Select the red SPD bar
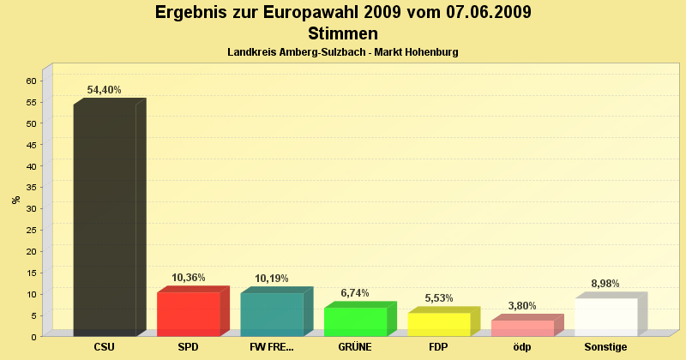tap(189, 314)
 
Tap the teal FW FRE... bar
tap(272, 314)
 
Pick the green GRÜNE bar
tap(356, 321)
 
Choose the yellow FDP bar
tap(439, 324)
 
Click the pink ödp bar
tap(522, 327)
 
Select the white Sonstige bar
tap(606, 317)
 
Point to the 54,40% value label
tap(105, 90)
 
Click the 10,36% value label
tap(189, 278)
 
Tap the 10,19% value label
tap(272, 279)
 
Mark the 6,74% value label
tap(355, 293)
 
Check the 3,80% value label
tap(522, 305)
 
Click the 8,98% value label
tap(605, 284)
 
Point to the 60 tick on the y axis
tap(31, 81)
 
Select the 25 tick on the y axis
tap(31, 230)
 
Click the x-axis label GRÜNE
tap(355, 347)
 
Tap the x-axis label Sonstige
tap(605, 347)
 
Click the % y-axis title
tap(15, 200)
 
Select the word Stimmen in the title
tap(343, 34)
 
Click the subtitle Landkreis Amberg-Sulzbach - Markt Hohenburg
tap(343, 52)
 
